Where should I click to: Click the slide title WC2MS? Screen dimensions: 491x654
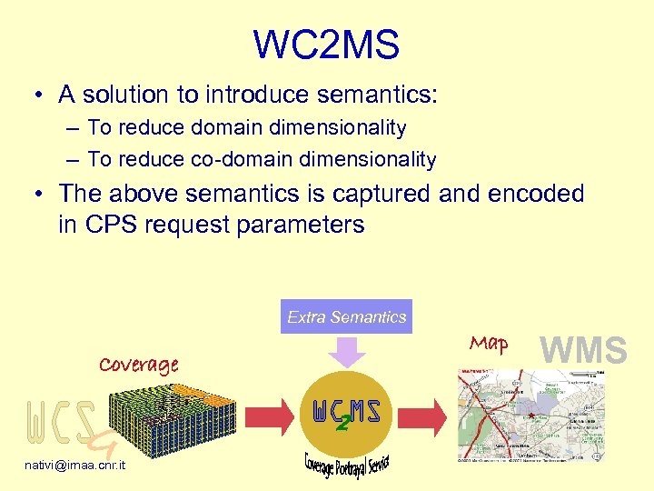click(326, 45)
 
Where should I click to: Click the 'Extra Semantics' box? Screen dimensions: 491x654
click(346, 316)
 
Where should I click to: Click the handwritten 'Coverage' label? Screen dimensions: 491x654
click(138, 365)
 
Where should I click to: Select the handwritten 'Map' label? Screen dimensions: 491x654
click(489, 344)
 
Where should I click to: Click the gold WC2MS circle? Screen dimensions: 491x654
click(345, 414)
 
